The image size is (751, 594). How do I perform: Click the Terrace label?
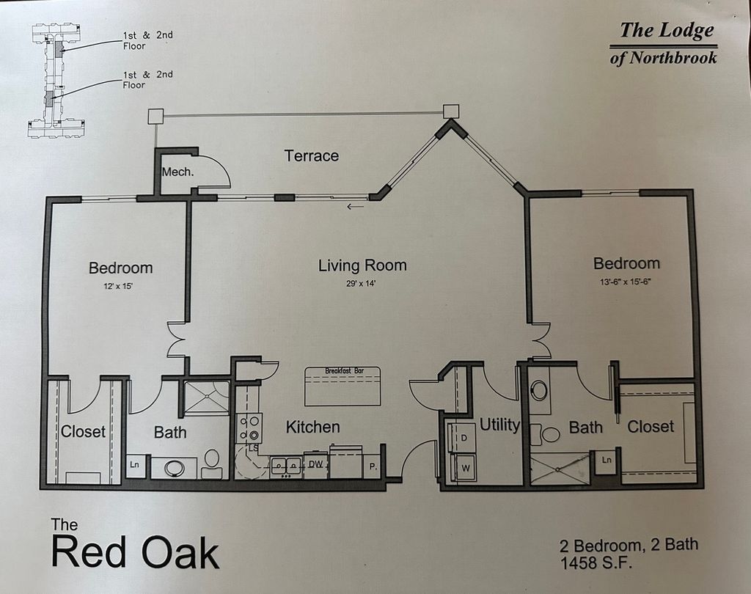point(312,155)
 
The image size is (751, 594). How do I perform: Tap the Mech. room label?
point(177,172)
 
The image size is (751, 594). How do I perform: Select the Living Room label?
point(362,265)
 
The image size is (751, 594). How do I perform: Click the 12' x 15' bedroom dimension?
point(120,287)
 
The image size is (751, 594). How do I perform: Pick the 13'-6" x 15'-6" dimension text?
point(626,282)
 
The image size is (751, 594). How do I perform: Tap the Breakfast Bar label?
point(343,371)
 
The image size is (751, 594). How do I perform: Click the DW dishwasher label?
point(315,463)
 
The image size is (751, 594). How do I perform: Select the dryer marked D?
point(463,438)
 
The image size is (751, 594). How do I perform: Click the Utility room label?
point(499,425)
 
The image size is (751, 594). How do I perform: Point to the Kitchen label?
point(312,427)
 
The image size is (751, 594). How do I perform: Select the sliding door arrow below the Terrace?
point(355,207)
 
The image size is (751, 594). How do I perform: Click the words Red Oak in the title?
point(136,552)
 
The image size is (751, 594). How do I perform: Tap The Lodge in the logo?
point(666,31)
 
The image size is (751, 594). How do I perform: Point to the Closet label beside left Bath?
point(83,431)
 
